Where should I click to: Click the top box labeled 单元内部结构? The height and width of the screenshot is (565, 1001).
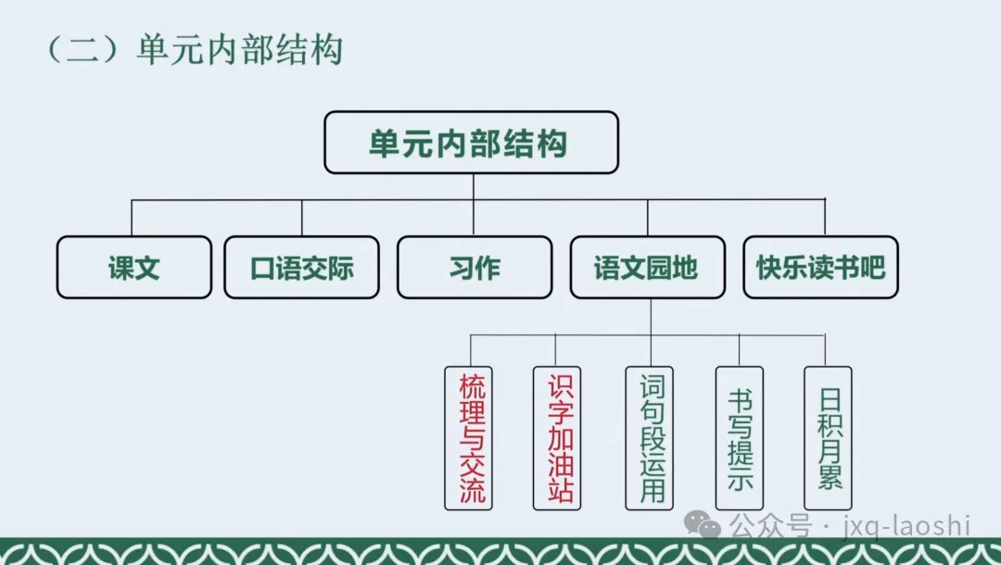click(x=471, y=143)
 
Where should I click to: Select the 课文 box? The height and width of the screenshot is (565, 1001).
click(x=134, y=267)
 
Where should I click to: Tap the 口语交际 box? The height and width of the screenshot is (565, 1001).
click(x=302, y=267)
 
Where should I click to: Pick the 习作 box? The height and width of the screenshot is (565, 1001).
click(x=475, y=267)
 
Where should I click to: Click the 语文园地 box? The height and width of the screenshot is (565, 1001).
click(x=647, y=267)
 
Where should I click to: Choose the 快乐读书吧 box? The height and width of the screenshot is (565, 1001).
click(x=821, y=267)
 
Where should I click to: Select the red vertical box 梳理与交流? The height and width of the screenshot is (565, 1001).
click(x=469, y=438)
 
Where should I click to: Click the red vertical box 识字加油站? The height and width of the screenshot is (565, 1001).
click(x=557, y=438)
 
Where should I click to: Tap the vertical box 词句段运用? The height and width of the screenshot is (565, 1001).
click(x=649, y=438)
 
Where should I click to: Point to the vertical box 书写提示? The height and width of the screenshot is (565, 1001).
click(x=740, y=438)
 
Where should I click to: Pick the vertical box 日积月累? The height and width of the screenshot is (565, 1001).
click(x=828, y=438)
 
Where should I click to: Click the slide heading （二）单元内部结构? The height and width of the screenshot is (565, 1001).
click(x=195, y=49)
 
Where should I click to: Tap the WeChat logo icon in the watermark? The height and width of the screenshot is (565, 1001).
click(x=703, y=524)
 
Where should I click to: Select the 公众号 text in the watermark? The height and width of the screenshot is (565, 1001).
click(x=770, y=526)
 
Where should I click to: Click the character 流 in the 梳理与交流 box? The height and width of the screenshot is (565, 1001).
click(x=472, y=489)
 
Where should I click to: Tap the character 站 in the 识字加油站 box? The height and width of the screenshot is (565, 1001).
click(x=561, y=489)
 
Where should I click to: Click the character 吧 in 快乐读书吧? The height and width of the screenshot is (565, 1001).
click(x=873, y=268)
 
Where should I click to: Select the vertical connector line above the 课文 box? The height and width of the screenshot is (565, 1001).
click(x=132, y=218)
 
